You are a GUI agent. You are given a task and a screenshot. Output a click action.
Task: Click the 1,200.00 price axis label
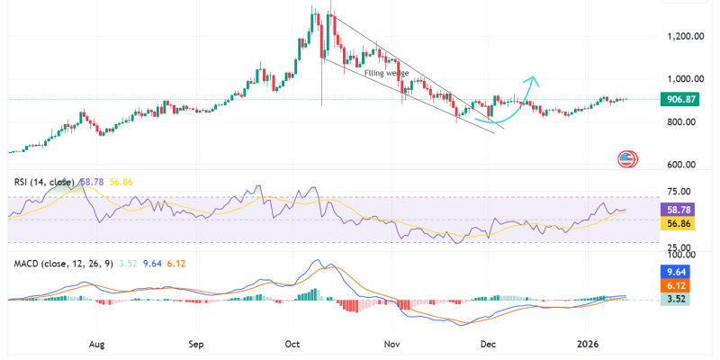685,36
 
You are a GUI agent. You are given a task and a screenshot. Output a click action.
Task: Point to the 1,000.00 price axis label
685,79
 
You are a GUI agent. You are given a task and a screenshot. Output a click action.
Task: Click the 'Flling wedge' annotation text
387,73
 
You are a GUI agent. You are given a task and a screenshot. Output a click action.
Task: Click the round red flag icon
628,160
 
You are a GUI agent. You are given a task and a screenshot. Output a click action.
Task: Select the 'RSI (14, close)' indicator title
44,182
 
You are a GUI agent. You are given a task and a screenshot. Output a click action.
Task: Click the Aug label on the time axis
99,343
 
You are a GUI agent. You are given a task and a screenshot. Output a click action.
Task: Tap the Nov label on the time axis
391,343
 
